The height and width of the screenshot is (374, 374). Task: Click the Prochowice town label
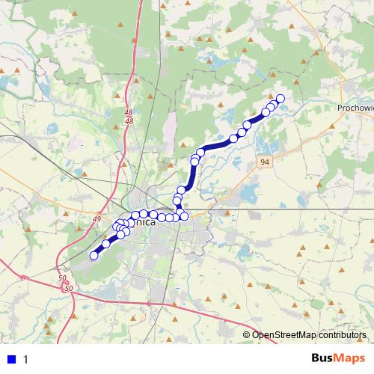pyautogui.click(x=355, y=108)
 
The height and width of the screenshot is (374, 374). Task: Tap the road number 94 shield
pyautogui.click(x=266, y=162)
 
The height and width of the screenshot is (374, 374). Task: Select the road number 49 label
pyautogui.click(x=96, y=218)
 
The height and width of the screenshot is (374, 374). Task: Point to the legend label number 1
pyautogui.click(x=26, y=359)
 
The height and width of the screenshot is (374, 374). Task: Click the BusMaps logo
pyautogui.click(x=334, y=358)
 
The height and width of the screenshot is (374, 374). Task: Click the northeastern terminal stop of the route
pyautogui.click(x=280, y=99)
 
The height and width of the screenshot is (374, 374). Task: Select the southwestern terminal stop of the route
pyautogui.click(x=94, y=255)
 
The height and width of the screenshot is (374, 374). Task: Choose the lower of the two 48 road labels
pyautogui.click(x=129, y=121)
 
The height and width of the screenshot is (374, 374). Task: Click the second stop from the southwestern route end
pyautogui.click(x=106, y=243)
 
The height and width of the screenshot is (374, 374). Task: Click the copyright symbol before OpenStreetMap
pyautogui.click(x=247, y=334)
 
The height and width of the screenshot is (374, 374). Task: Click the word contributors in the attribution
pyautogui.click(x=341, y=334)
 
